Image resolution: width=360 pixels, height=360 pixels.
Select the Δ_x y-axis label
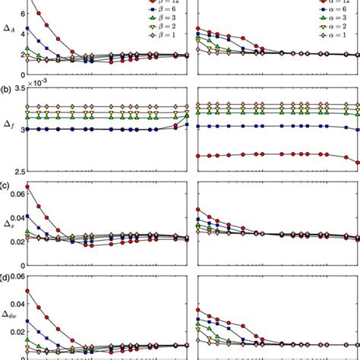click(8, 225)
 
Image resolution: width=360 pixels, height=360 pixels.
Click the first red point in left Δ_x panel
click(28, 187)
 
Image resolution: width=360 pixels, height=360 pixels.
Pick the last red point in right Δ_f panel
click(357, 163)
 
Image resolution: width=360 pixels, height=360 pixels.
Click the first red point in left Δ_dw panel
click(28, 291)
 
